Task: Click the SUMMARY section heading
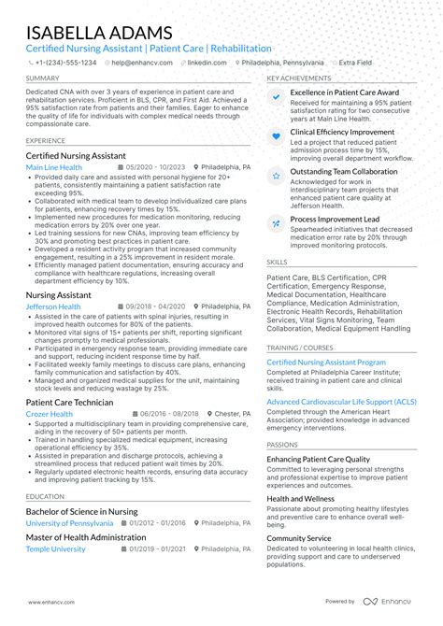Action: [x=43, y=78]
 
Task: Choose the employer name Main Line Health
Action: [x=54, y=167]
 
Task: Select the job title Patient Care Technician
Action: [x=70, y=402]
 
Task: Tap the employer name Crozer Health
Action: [x=50, y=414]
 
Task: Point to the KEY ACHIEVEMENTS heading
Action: [x=298, y=78]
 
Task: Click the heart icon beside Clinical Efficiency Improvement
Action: [x=276, y=136]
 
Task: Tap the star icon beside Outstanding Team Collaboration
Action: [x=276, y=175]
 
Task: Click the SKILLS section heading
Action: [x=277, y=263]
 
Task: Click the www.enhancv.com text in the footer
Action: [x=50, y=602]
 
